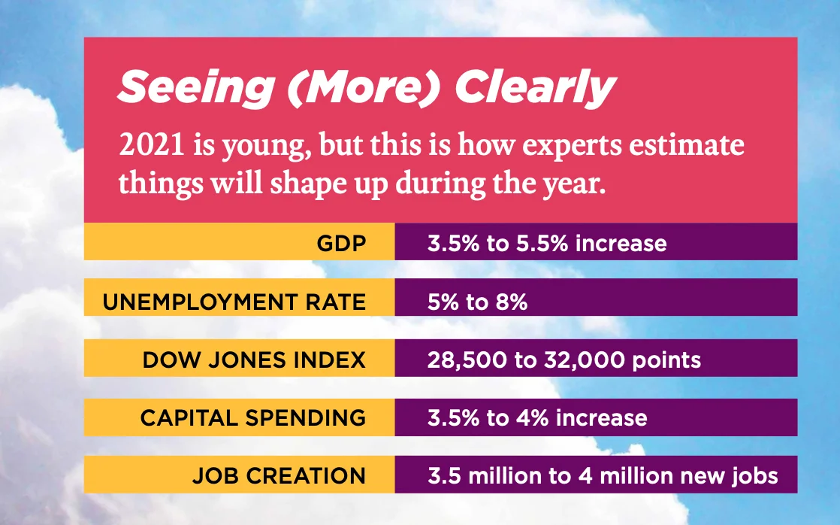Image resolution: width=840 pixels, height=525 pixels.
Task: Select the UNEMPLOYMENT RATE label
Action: tap(234, 302)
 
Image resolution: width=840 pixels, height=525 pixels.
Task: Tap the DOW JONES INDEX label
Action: tap(254, 360)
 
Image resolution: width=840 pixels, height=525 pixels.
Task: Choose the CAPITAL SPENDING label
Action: tap(253, 417)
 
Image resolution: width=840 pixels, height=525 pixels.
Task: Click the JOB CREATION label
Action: tap(279, 475)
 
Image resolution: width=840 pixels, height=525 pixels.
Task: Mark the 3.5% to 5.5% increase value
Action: tap(546, 244)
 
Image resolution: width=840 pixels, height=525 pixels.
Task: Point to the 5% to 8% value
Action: tap(477, 302)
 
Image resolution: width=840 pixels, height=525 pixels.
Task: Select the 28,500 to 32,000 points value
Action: tap(564, 360)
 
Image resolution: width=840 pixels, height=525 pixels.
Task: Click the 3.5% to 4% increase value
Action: tap(536, 417)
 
